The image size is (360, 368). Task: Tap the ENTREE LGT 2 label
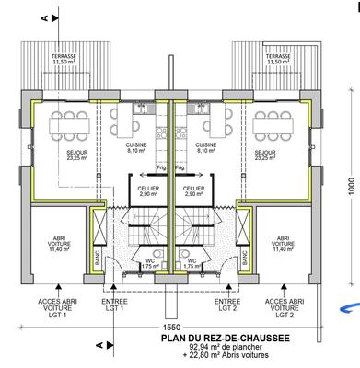click(226, 304)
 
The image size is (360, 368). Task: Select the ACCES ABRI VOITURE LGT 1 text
click(56, 307)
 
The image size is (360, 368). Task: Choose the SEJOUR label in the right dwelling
click(265, 154)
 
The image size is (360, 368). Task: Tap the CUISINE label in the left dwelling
click(139, 146)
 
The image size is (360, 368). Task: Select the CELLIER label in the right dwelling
click(193, 190)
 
